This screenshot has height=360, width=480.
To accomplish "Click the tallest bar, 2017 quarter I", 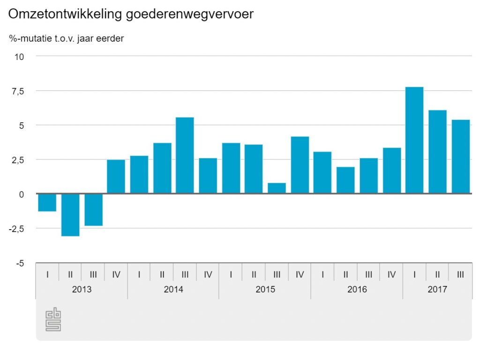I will point(414,140).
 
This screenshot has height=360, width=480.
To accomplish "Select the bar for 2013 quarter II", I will point(70,215).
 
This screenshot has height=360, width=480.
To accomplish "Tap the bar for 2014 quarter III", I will point(185,155).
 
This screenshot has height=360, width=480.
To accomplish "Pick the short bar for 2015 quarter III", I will point(277,188).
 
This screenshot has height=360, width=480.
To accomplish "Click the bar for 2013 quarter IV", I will point(116,177).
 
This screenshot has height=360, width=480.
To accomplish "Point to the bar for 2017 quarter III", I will point(460,157).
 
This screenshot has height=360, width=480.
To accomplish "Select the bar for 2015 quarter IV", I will point(300,165).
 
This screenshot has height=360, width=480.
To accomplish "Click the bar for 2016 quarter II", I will point(345,180).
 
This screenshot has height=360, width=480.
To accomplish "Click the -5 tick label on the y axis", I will point(21,263).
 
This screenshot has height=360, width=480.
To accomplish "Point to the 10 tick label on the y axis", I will point(20,56).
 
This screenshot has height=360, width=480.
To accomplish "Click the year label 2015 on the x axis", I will point(265,289).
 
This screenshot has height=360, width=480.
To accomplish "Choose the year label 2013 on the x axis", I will point(82,289).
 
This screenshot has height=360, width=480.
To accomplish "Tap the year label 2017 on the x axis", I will point(437,289).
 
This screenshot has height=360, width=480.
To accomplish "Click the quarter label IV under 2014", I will point(208,274).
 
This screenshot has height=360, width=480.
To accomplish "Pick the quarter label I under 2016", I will point(322,274).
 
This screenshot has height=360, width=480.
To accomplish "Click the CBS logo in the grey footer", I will point(53,320).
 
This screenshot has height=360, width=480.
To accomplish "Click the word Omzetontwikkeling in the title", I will point(65,14).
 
